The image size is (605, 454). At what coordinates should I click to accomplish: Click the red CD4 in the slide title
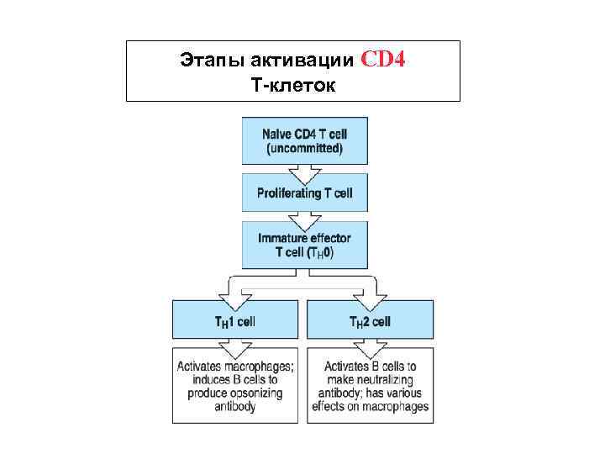(384, 61)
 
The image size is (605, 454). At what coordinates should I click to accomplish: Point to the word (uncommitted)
(304, 149)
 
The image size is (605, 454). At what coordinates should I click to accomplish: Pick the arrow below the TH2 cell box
(371, 347)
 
